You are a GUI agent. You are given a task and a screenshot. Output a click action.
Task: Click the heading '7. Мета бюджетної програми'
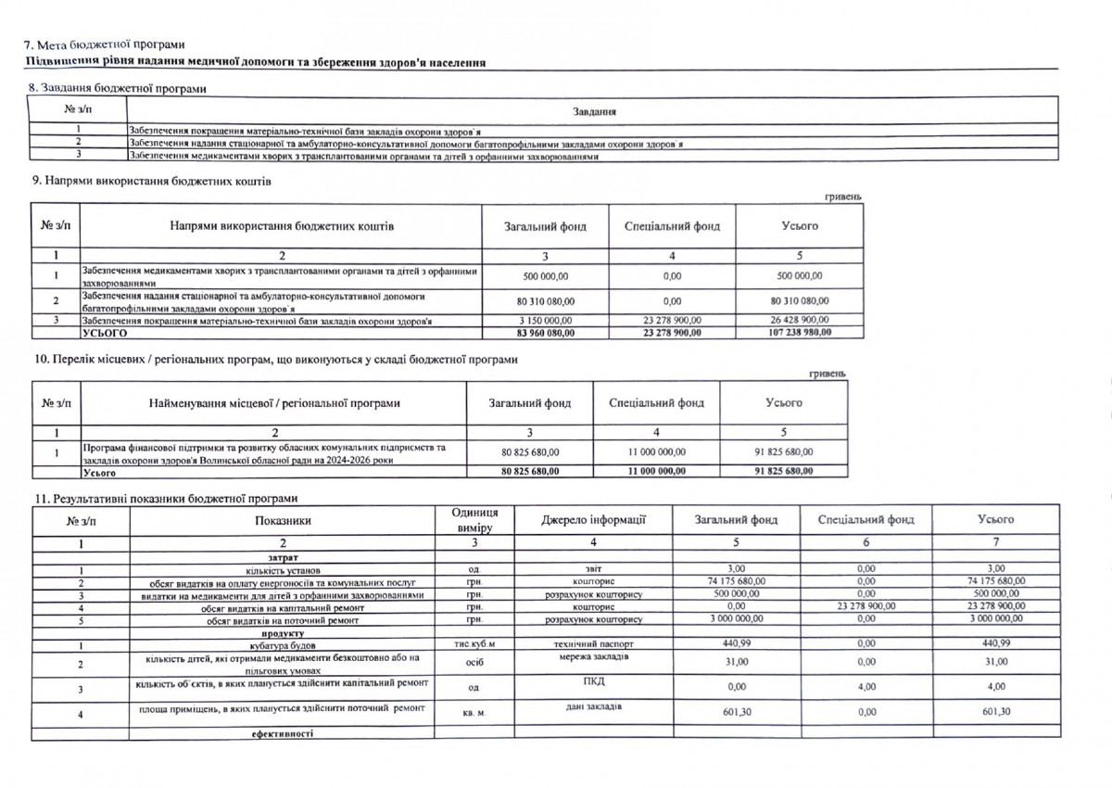click(104, 44)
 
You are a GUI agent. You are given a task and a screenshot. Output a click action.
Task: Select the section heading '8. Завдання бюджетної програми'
click(118, 88)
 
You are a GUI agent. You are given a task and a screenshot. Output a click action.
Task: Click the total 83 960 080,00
click(545, 332)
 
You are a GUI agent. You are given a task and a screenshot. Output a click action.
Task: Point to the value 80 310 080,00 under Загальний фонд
click(545, 300)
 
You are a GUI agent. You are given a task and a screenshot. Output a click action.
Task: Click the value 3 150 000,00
click(545, 321)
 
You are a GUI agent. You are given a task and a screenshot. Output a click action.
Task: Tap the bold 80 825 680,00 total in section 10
click(529, 472)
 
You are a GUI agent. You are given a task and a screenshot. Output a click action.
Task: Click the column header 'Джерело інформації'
click(593, 519)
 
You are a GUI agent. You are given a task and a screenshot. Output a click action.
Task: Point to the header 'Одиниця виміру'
click(474, 519)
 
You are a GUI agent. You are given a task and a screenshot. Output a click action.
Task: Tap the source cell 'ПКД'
click(593, 681)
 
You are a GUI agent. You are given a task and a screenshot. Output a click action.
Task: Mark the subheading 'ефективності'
click(283, 733)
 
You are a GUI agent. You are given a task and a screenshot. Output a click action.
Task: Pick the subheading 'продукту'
click(283, 631)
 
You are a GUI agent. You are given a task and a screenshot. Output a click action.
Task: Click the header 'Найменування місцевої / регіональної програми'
click(274, 403)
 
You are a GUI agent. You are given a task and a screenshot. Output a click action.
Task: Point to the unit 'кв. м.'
click(474, 713)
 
